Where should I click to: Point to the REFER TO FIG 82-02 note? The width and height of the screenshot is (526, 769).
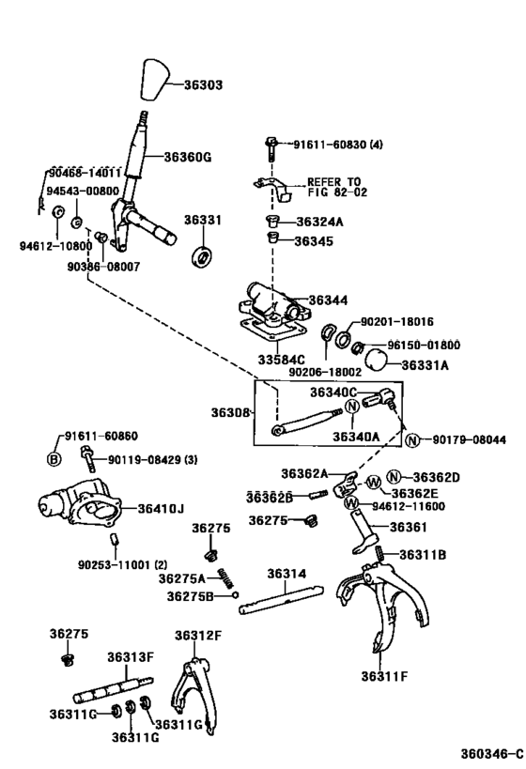click(x=333, y=188)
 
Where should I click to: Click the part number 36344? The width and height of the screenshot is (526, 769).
click(x=328, y=300)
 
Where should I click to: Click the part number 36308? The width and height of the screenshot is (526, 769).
click(x=230, y=412)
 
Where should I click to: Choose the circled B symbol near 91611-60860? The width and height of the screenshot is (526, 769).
click(x=54, y=458)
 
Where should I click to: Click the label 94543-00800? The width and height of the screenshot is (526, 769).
click(x=83, y=190)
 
